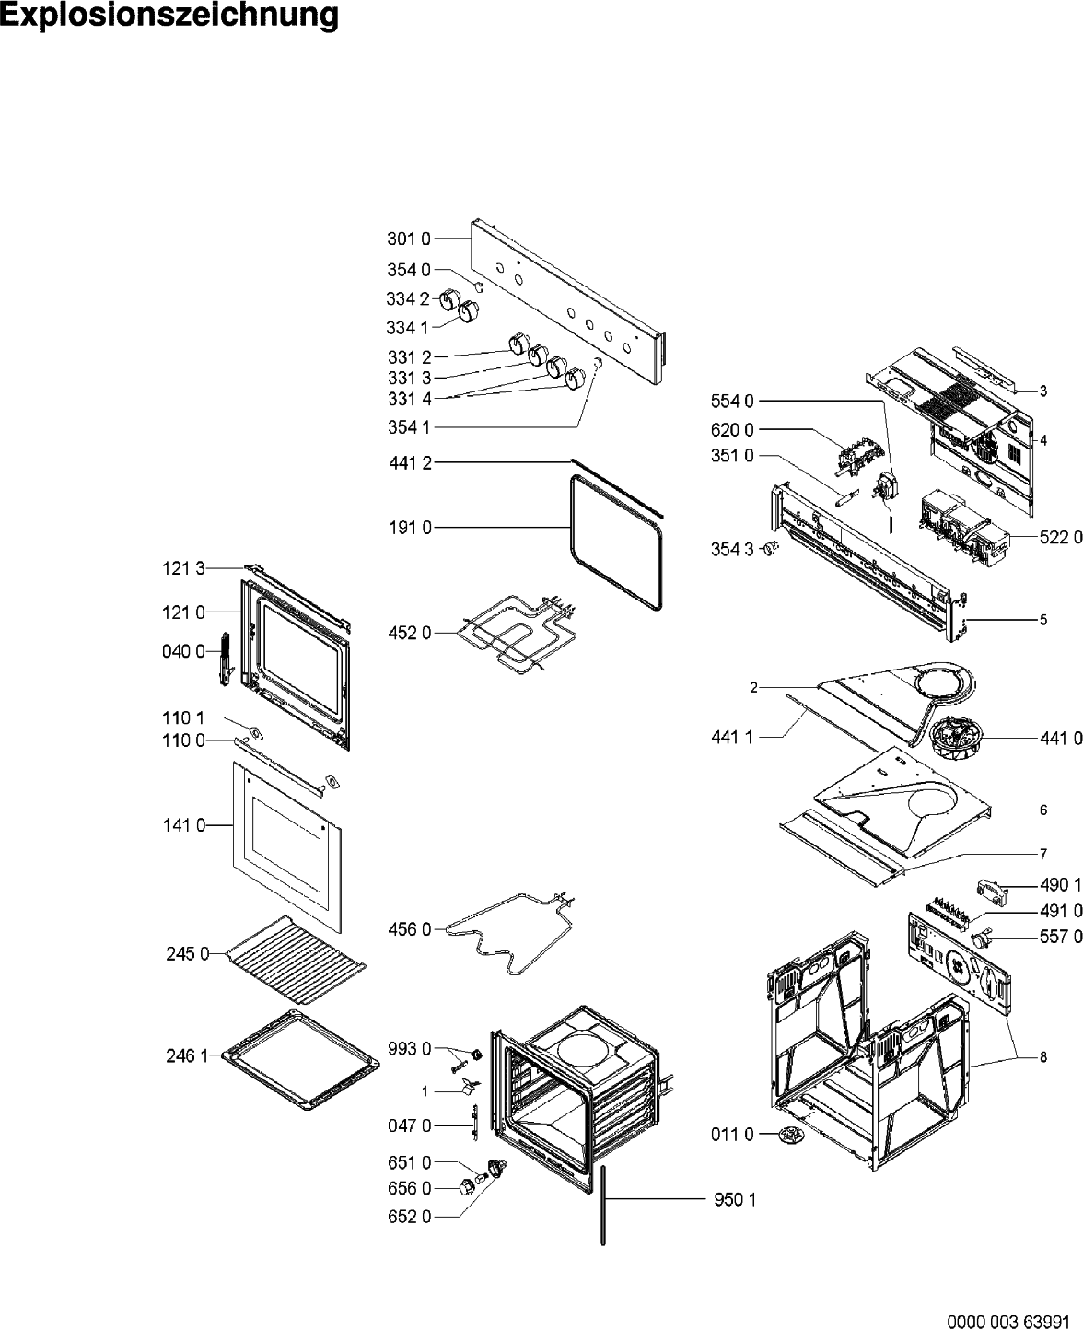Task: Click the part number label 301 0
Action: click(409, 239)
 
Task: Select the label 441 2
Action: click(410, 462)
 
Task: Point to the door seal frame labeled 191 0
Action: click(571, 530)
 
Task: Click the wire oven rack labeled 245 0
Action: click(296, 961)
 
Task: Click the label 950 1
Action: click(735, 1199)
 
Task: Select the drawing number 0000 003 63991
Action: click(1008, 1317)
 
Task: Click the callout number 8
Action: click(1043, 1057)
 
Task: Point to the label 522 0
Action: click(1061, 537)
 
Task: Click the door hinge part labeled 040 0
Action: click(226, 659)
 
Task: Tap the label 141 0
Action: click(184, 825)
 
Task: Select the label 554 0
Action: click(732, 401)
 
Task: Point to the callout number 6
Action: click(1043, 810)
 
